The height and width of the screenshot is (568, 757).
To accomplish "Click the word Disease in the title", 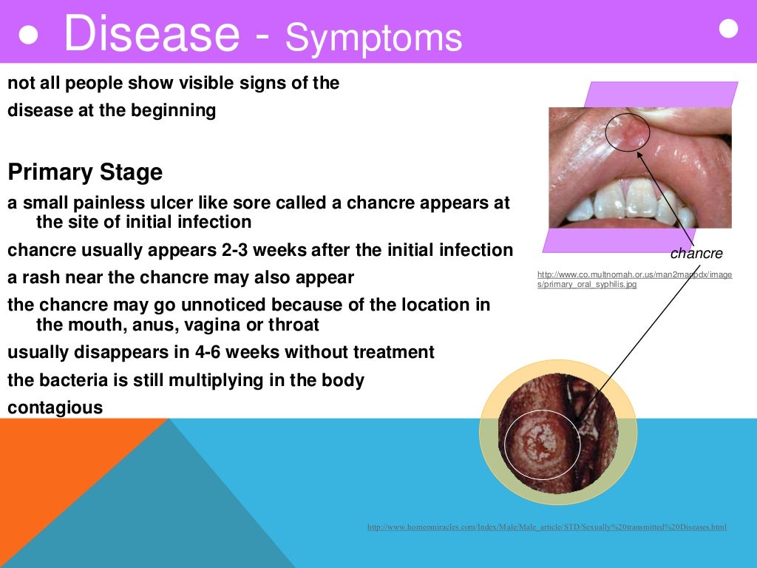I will click(x=151, y=34).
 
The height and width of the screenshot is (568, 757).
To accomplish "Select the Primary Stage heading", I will click(x=85, y=173).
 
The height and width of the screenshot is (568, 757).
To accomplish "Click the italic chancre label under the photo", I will click(x=696, y=254).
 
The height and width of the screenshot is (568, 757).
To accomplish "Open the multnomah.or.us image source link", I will click(x=634, y=279).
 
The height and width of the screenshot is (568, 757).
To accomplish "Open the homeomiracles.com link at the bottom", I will click(x=546, y=527).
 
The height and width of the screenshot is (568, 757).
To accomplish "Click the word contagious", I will click(x=55, y=407).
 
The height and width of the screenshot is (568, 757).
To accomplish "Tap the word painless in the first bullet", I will click(x=92, y=203).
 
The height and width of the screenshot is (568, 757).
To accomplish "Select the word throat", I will click(x=293, y=324).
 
